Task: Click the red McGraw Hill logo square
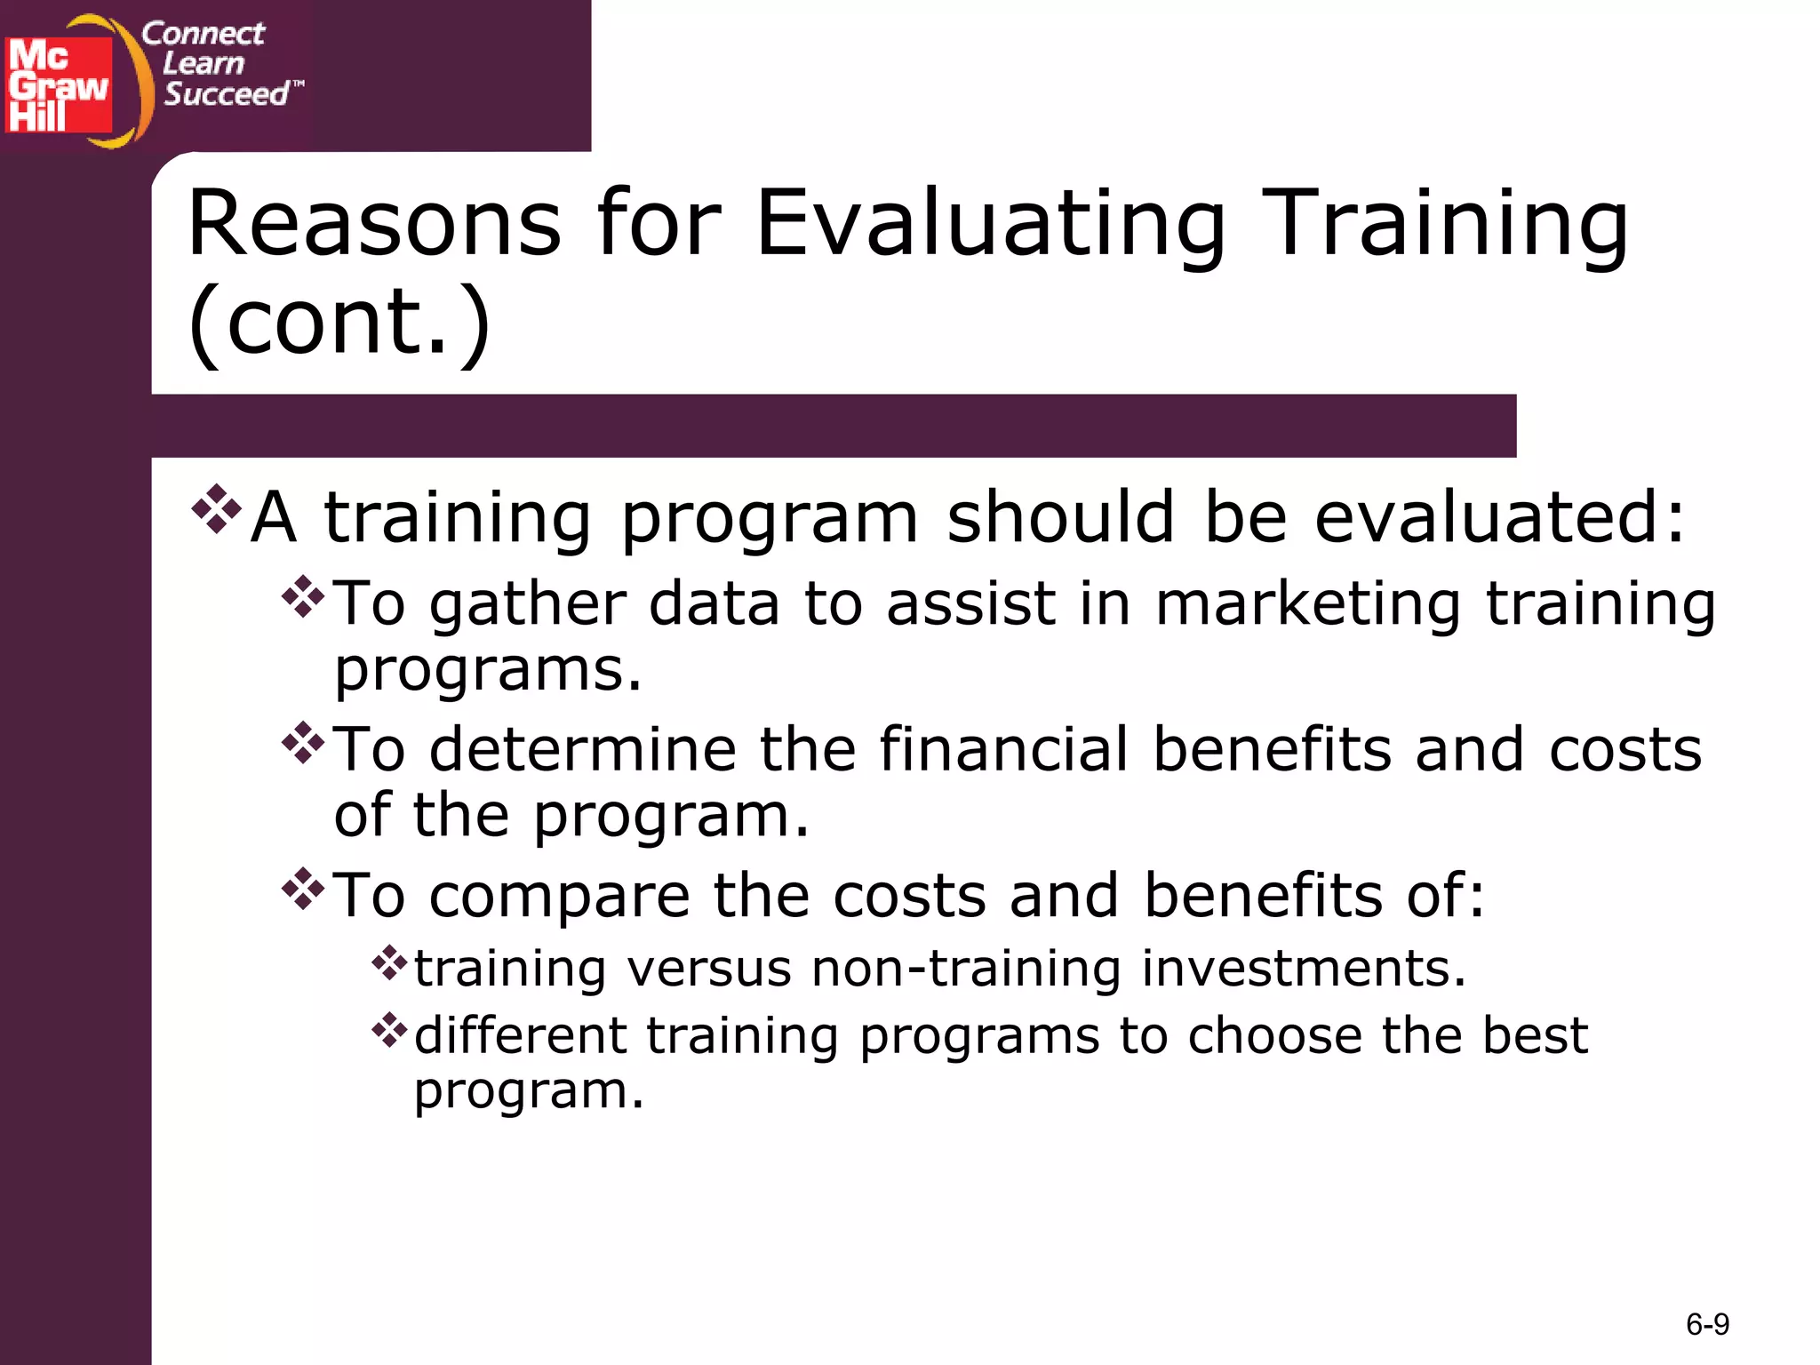[x=59, y=84]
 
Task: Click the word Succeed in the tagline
[x=227, y=94]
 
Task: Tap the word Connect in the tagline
[x=203, y=34]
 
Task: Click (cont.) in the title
[x=339, y=322]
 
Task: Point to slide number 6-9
[x=1707, y=1325]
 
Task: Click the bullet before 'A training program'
[x=216, y=509]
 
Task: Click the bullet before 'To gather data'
[x=303, y=597]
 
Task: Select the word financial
[x=1003, y=749]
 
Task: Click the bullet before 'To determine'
[x=303, y=743]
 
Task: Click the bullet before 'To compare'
[x=303, y=889]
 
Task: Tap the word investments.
[x=1304, y=968]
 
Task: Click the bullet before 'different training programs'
[x=389, y=1030]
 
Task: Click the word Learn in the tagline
[x=204, y=64]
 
